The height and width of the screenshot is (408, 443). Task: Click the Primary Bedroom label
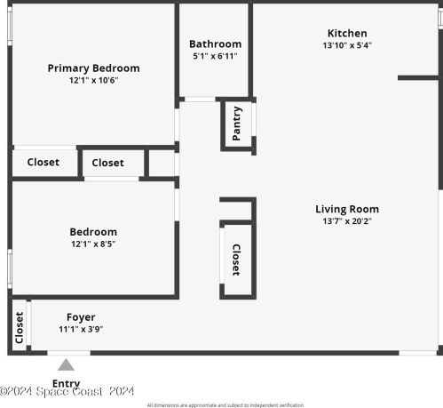tap(93, 68)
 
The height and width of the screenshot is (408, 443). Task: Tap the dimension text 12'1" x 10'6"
tap(93, 80)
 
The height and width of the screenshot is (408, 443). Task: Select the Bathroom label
tap(215, 44)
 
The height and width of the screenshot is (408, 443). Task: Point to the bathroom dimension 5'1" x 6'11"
tap(215, 56)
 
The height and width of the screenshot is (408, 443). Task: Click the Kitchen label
tap(347, 34)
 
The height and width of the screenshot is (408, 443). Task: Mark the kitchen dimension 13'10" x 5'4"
tap(347, 45)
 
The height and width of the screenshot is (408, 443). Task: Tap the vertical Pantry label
tap(237, 123)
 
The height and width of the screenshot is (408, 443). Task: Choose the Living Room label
tap(347, 210)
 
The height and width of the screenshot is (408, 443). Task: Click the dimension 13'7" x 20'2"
tap(347, 221)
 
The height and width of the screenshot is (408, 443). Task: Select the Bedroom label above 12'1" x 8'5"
tap(93, 232)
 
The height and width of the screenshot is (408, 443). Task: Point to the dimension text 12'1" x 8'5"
tap(93, 244)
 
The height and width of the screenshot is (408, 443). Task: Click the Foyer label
tap(81, 317)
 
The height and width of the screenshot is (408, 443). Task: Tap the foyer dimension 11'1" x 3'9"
tap(81, 330)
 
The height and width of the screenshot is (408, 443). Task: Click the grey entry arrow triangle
tap(66, 364)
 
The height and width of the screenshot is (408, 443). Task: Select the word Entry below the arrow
tap(66, 383)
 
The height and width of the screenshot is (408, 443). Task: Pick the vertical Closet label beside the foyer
tap(19, 327)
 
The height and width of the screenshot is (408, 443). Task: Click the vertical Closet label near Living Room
tap(236, 260)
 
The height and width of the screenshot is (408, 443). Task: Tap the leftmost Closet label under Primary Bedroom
tap(44, 163)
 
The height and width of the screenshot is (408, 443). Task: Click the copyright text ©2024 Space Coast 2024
tap(67, 391)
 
